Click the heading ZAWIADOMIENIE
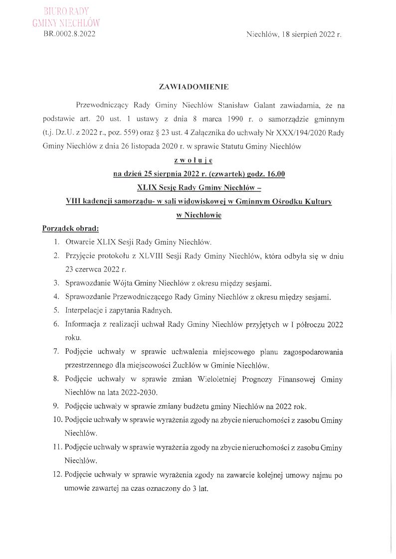click(x=194, y=87)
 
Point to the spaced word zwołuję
click(x=194, y=160)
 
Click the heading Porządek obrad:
click(x=70, y=229)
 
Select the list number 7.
click(x=56, y=353)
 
